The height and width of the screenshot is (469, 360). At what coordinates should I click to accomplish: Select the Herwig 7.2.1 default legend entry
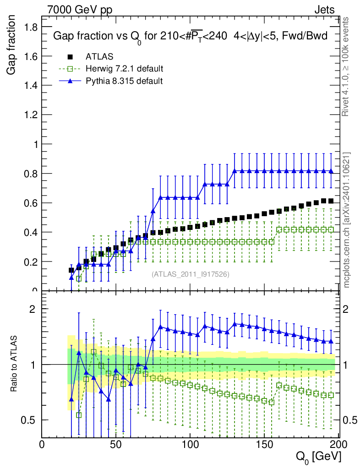(x=124, y=69)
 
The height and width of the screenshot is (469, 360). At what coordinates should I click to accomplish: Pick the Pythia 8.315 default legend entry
(x=124, y=81)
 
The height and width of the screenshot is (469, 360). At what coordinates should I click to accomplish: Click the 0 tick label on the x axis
(x=42, y=445)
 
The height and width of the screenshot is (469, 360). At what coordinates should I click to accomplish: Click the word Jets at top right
(x=324, y=10)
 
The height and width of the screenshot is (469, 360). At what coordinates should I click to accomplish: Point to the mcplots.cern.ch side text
(x=347, y=220)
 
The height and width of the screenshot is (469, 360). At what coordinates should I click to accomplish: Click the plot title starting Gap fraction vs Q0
(x=190, y=36)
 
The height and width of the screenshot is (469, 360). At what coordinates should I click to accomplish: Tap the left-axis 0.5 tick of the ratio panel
(x=31, y=420)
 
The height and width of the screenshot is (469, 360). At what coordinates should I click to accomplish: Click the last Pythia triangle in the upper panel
(x=331, y=171)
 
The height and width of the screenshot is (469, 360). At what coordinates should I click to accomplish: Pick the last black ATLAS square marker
(x=331, y=201)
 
